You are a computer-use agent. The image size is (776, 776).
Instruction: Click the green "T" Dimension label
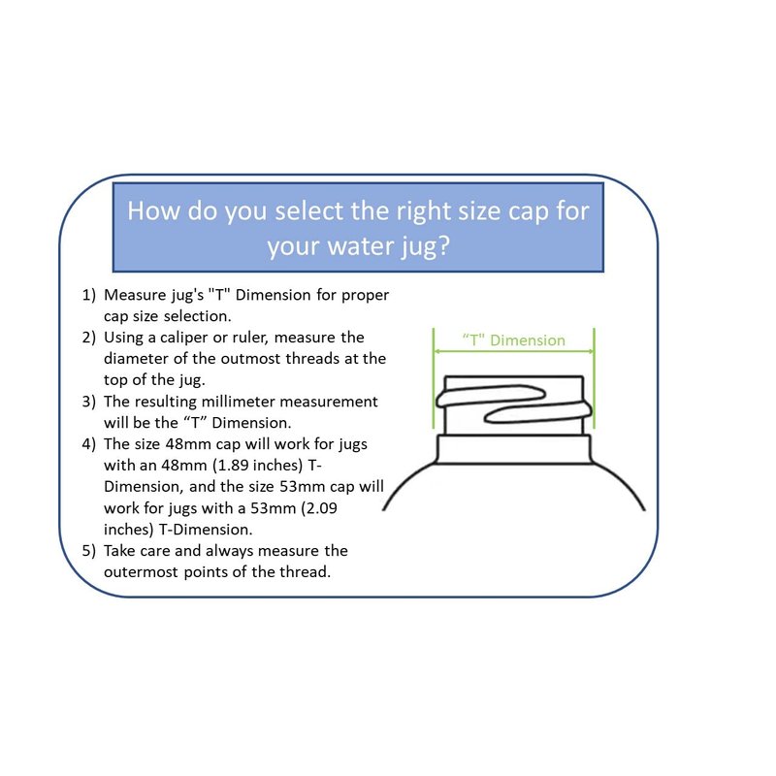(x=514, y=340)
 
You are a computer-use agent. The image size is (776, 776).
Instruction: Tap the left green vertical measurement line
(x=434, y=377)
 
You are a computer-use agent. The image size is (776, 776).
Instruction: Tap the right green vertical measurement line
(x=594, y=377)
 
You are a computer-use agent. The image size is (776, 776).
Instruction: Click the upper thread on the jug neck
(x=490, y=396)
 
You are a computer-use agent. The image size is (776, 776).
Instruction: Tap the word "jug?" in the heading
(x=425, y=246)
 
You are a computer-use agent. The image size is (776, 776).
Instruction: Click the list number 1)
(x=88, y=295)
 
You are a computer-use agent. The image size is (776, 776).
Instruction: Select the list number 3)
(x=88, y=402)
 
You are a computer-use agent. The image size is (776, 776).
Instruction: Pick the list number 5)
(x=88, y=551)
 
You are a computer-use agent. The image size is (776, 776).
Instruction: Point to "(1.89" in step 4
(x=234, y=466)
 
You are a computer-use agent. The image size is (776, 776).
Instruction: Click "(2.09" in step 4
(x=319, y=508)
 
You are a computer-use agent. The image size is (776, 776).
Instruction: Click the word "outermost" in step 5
(x=141, y=572)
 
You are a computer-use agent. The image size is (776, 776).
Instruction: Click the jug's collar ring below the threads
(x=514, y=449)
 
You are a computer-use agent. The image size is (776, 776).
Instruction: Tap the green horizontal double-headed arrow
(x=514, y=351)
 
